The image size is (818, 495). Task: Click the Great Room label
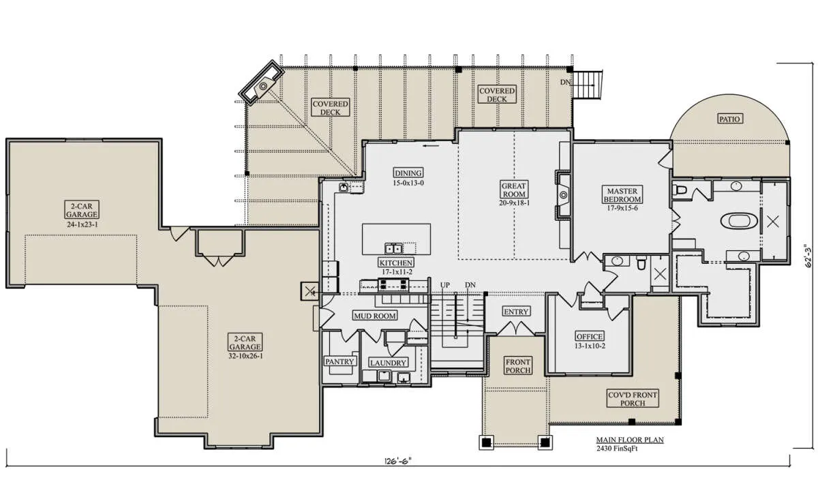pyautogui.click(x=514, y=190)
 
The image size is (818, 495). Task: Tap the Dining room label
pyautogui.click(x=408, y=172)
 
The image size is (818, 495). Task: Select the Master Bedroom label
pyautogui.click(x=622, y=195)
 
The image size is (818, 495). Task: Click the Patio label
pyautogui.click(x=729, y=119)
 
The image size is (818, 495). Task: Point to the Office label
pyautogui.click(x=590, y=336)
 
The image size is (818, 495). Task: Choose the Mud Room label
pyautogui.click(x=375, y=316)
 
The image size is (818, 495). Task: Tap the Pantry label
pyautogui.click(x=339, y=361)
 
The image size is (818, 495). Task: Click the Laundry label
pyautogui.click(x=388, y=363)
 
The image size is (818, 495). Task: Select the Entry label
pyautogui.click(x=516, y=312)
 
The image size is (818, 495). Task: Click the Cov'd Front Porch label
pyautogui.click(x=633, y=399)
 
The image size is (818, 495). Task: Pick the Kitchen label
pyautogui.click(x=396, y=263)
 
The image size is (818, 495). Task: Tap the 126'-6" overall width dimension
pyautogui.click(x=397, y=461)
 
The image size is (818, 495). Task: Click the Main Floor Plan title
pyautogui.click(x=630, y=440)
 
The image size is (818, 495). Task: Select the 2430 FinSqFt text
pyautogui.click(x=617, y=449)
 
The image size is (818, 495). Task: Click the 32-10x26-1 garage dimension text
pyautogui.click(x=245, y=356)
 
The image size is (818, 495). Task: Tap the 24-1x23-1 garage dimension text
pyautogui.click(x=82, y=224)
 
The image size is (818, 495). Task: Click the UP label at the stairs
pyautogui.click(x=444, y=285)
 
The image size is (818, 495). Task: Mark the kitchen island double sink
pyautogui.click(x=394, y=249)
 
